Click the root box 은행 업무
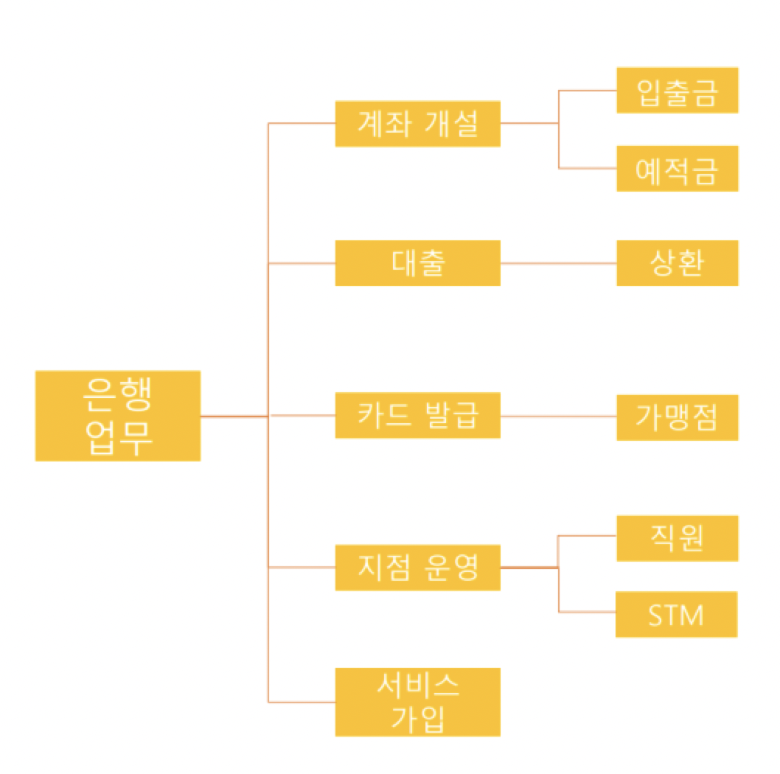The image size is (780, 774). click(x=118, y=416)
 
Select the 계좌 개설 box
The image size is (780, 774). click(x=417, y=124)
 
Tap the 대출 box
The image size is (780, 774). click(x=417, y=263)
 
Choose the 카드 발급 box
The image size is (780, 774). click(x=417, y=416)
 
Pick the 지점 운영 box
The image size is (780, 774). click(x=417, y=568)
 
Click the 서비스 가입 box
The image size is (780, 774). click(x=417, y=702)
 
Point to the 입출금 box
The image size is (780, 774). click(x=677, y=91)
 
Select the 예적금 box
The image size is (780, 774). click(x=677, y=169)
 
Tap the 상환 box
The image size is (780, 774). click(x=677, y=263)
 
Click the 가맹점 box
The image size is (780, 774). click(x=677, y=417)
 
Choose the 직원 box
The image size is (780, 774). click(x=677, y=538)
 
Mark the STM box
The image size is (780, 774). click(x=676, y=614)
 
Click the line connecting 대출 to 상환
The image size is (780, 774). click(x=558, y=263)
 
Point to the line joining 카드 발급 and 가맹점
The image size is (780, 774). click(x=558, y=416)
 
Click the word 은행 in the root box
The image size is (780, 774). click(x=118, y=397)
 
